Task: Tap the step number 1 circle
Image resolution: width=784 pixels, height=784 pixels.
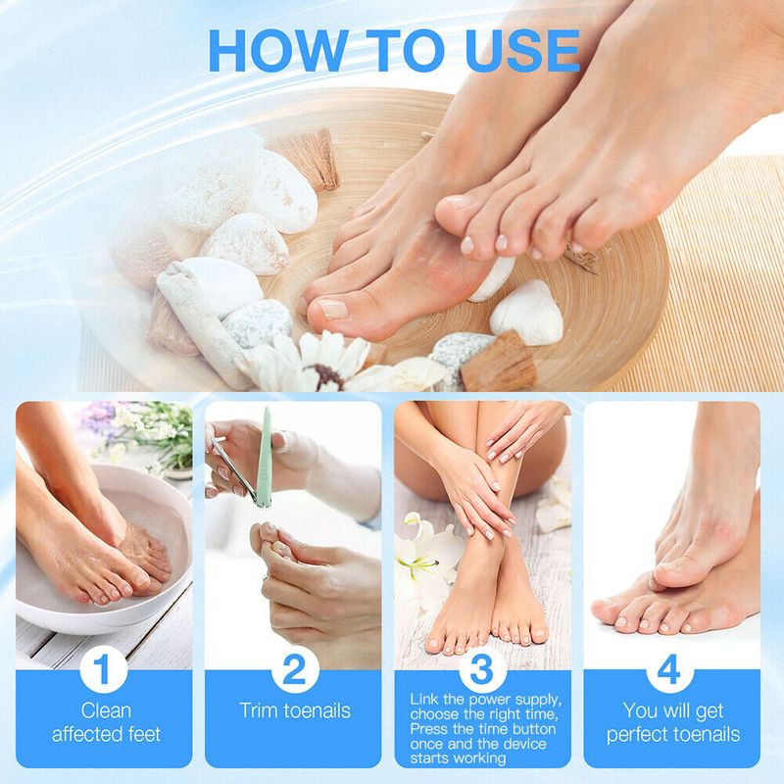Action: point(103,669)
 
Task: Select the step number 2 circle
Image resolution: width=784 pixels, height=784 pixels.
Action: point(295,669)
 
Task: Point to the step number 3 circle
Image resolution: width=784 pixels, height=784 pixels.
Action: point(482,669)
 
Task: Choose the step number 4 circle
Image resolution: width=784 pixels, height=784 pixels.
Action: point(669,669)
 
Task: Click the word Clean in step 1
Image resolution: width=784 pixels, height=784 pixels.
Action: point(106,710)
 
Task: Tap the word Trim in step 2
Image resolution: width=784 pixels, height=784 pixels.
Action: point(259,710)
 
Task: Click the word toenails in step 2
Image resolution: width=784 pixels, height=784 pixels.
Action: point(318,710)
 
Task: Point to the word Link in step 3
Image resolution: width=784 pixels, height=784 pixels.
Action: point(424,699)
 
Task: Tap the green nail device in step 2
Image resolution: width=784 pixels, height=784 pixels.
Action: point(264,458)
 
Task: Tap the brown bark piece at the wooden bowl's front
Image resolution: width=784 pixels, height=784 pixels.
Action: point(498,362)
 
